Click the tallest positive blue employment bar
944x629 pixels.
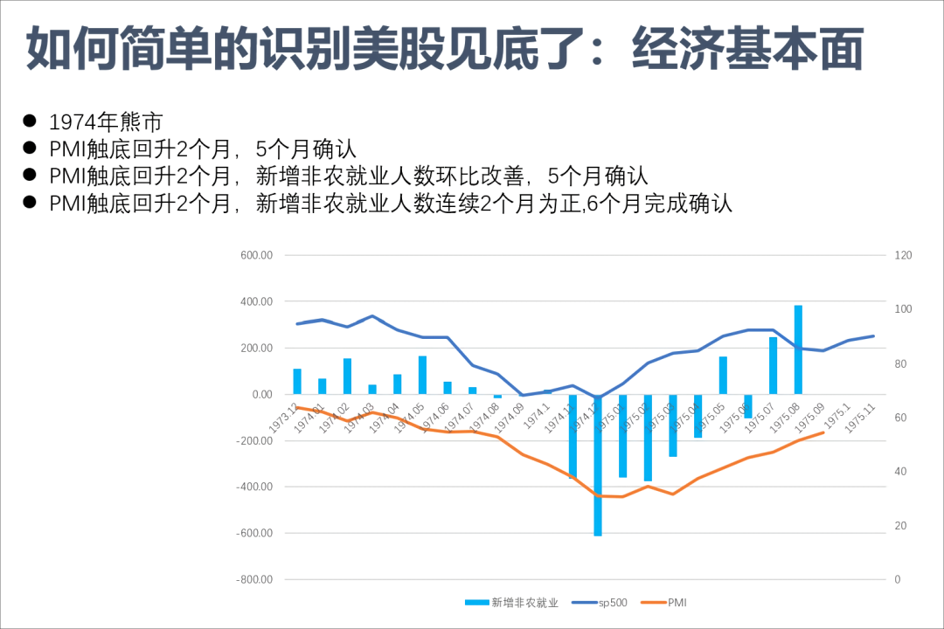tap(798, 349)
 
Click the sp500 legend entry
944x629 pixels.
tap(600, 602)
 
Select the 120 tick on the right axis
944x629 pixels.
tap(903, 255)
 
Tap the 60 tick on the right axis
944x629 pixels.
tap(900, 418)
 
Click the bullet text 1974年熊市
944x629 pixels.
tap(106, 121)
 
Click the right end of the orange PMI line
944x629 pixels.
tap(823, 432)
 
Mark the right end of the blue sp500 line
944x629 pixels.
tap(873, 335)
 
